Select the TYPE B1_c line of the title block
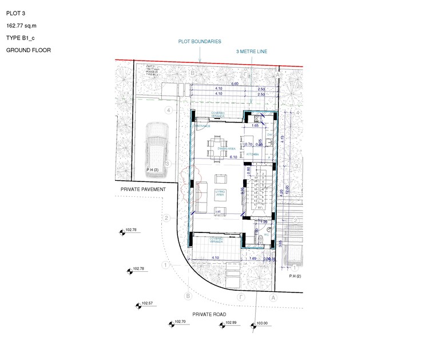click(x=21, y=38)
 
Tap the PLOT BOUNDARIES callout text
click(x=199, y=42)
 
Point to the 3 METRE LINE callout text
click(x=252, y=52)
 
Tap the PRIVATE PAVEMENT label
click(x=143, y=189)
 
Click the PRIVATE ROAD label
click(x=209, y=315)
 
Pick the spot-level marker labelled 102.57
click(x=137, y=306)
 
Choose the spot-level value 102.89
click(x=231, y=323)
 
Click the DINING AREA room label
click(x=210, y=148)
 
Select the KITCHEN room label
click(x=253, y=154)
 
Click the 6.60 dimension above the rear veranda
click(x=235, y=84)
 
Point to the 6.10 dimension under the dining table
click(x=233, y=156)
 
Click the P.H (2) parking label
click(x=295, y=276)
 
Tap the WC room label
click(x=267, y=235)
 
